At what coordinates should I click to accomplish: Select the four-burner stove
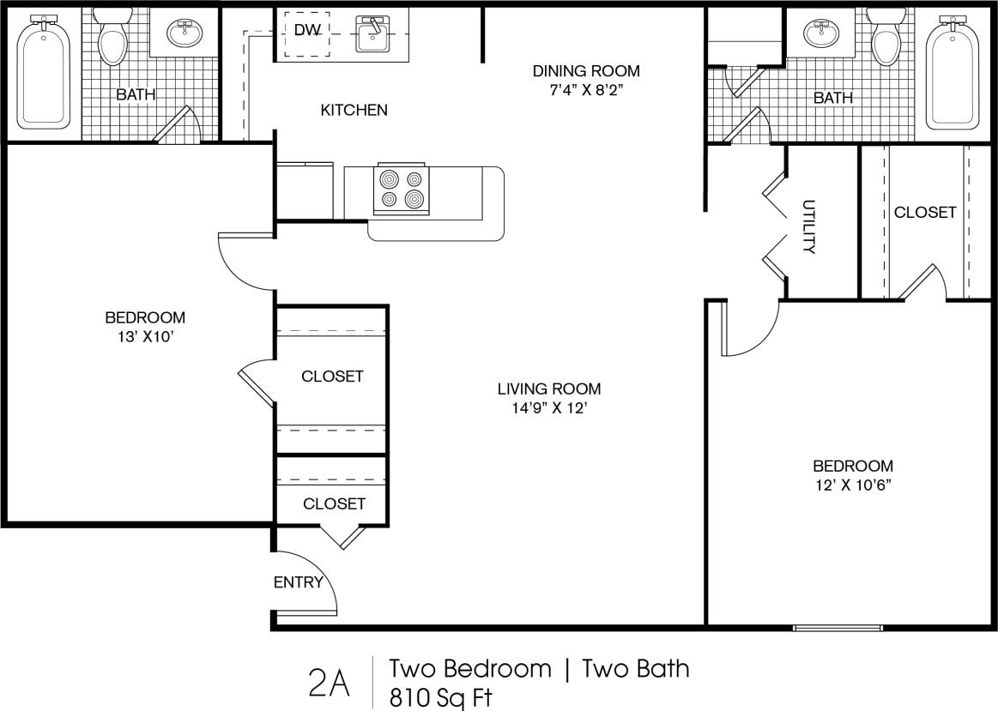(x=402, y=189)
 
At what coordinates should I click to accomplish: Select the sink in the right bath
(x=822, y=33)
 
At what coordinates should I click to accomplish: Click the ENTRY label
(x=298, y=583)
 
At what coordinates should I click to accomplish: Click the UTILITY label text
(x=808, y=226)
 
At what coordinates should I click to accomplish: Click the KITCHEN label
(x=354, y=110)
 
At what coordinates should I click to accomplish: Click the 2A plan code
(x=328, y=684)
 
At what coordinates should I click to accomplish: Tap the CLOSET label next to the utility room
(x=924, y=212)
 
